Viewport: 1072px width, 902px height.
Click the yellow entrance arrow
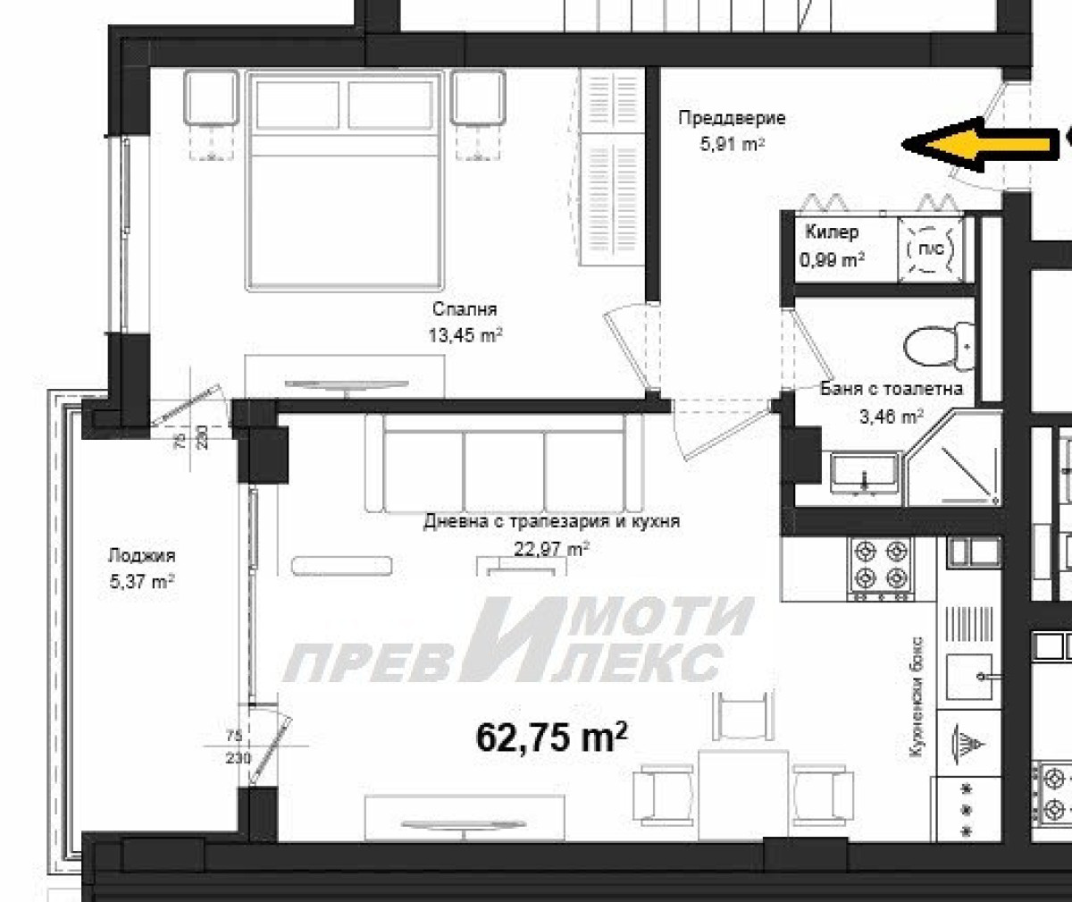click(x=980, y=144)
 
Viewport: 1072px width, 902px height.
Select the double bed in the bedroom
click(x=345, y=181)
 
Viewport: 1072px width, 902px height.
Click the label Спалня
click(x=465, y=309)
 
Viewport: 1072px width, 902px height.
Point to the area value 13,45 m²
click(x=465, y=335)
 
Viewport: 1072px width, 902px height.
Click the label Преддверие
click(x=732, y=118)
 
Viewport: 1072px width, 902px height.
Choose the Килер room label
click(x=832, y=232)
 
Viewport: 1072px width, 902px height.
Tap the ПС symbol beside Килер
click(x=930, y=249)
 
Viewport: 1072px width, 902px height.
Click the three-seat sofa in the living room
click(x=504, y=463)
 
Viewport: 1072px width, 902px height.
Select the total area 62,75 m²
click(x=552, y=737)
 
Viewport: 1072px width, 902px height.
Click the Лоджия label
click(x=142, y=556)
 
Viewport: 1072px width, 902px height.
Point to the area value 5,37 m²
click(x=142, y=582)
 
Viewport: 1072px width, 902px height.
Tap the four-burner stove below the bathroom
click(x=881, y=569)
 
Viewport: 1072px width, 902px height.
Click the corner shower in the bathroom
click(x=953, y=459)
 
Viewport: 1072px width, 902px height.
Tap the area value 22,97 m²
click(x=551, y=549)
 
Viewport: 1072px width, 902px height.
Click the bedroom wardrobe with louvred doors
click(x=611, y=167)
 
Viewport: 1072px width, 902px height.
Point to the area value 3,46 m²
click(x=891, y=416)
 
